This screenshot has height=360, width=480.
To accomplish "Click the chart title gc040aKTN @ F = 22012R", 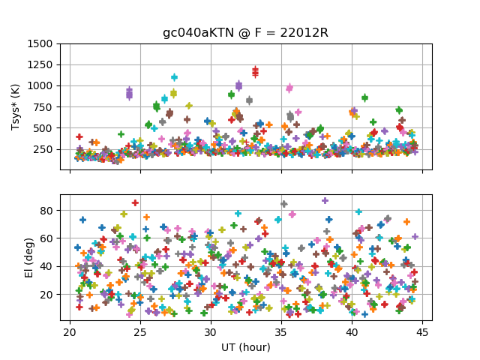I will pyautogui.click(x=245, y=33).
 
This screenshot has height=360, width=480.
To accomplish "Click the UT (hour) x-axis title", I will pyautogui.click(x=245, y=348).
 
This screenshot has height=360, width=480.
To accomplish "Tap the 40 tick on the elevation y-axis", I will pyautogui.click(x=51, y=266).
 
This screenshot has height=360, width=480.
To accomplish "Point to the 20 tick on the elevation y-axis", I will pyautogui.click(x=51, y=295).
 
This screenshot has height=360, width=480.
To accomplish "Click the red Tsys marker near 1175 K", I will pyautogui.click(x=255, y=71).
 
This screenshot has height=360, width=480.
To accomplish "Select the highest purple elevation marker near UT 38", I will pyautogui.click(x=325, y=201).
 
